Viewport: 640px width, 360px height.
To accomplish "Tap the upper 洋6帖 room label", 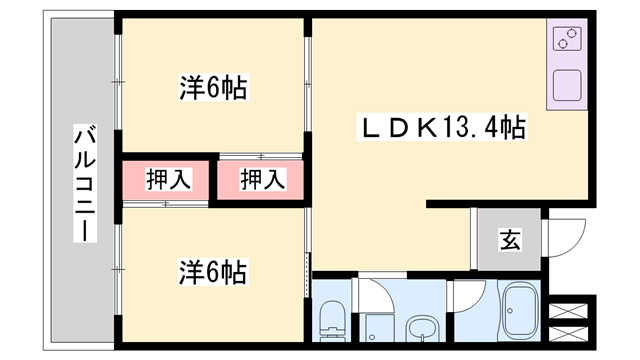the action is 213,88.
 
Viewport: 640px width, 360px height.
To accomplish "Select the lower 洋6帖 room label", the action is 213,271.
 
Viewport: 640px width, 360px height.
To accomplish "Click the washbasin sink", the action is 425,328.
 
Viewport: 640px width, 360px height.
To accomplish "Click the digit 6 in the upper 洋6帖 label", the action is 213,88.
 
